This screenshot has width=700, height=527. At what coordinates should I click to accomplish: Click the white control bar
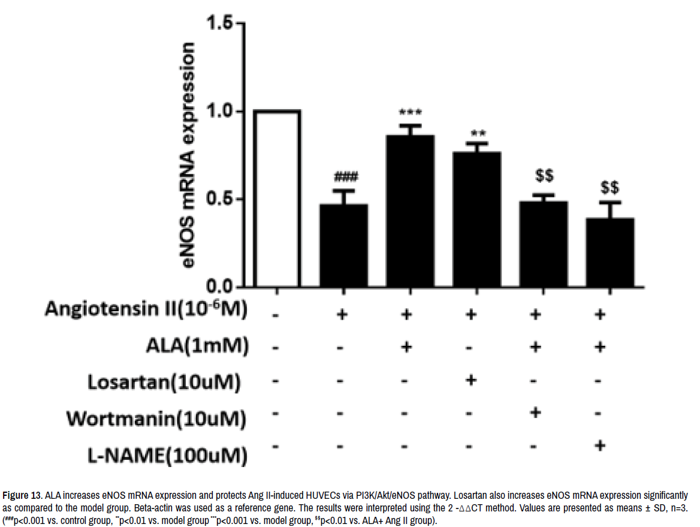tap(277, 198)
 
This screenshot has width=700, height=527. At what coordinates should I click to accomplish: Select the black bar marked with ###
tap(343, 245)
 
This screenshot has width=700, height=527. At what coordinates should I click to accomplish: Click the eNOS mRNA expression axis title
tap(188, 156)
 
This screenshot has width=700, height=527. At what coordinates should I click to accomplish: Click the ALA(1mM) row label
tap(196, 346)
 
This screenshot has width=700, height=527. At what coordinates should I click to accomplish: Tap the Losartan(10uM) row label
tap(164, 381)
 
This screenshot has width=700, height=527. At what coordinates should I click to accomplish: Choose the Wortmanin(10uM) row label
tap(156, 418)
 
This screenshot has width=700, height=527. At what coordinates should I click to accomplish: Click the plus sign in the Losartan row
tap(470, 379)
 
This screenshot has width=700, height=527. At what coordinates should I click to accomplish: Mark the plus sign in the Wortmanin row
tap(536, 412)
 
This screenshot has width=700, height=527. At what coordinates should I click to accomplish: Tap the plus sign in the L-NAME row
tap(601, 446)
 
